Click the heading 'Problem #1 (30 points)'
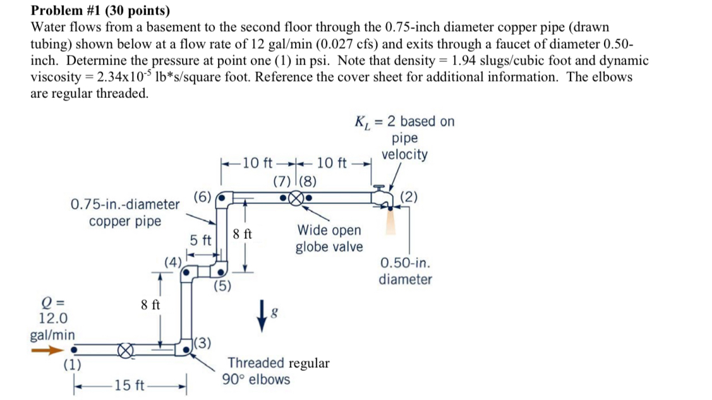(x=100, y=11)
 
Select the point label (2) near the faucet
(x=409, y=197)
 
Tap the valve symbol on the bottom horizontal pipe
(x=126, y=349)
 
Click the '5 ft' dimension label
(x=201, y=241)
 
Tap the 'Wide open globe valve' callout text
(x=329, y=238)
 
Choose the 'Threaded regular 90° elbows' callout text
(x=278, y=371)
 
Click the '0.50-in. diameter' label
(x=406, y=271)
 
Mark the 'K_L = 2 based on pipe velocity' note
(x=404, y=138)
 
